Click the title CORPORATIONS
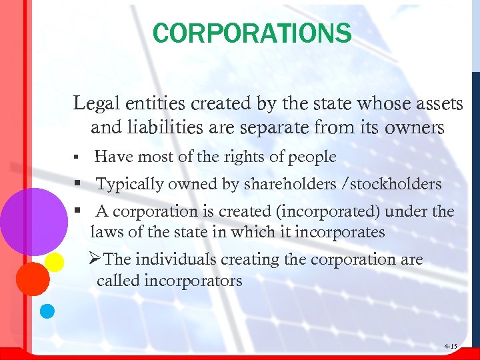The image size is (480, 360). (x=251, y=33)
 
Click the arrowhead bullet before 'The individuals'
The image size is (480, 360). (x=95, y=259)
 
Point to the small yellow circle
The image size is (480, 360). (x=55, y=261)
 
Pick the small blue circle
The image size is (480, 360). (x=47, y=310)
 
